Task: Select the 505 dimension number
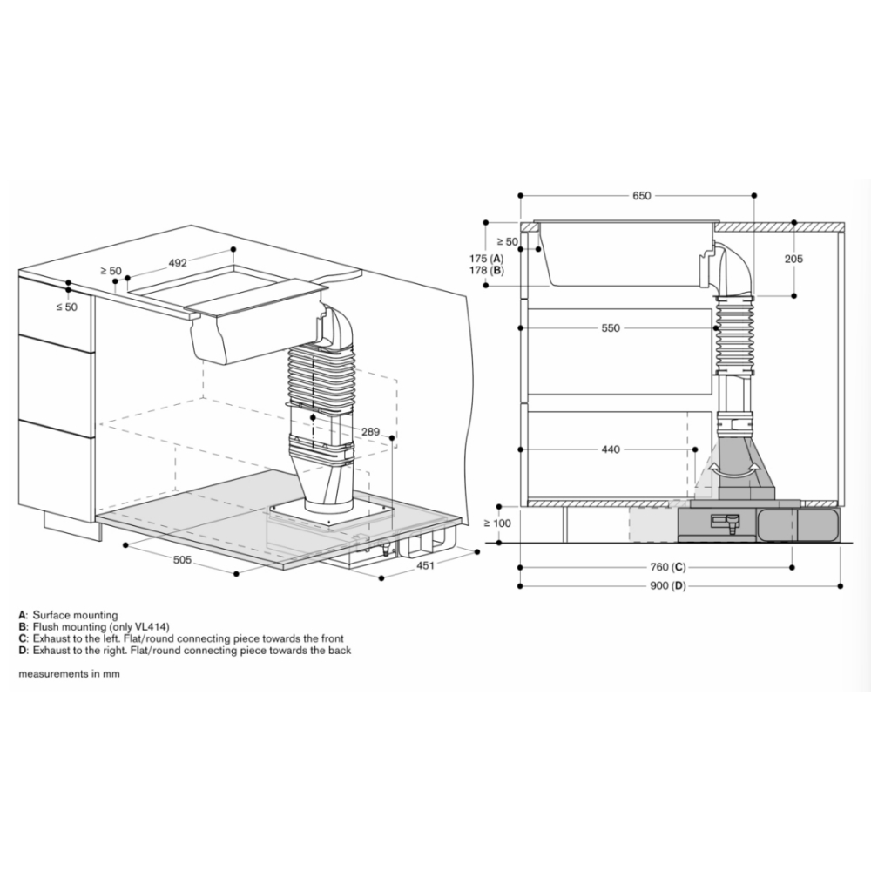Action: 182,560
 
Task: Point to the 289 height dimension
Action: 370,431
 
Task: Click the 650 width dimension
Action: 642,196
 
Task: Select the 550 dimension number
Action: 610,328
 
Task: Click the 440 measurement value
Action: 610,449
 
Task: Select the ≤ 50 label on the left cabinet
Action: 66,307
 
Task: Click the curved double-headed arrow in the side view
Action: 731,469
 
